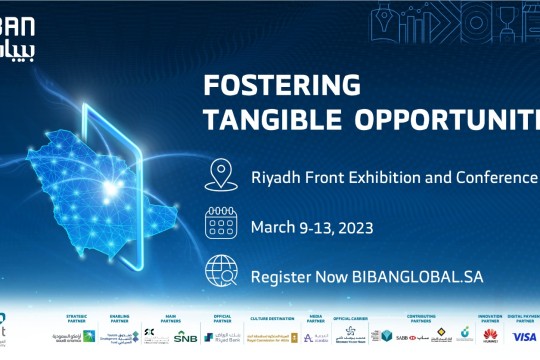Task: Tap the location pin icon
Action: point(219,175)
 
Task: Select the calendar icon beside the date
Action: point(220,223)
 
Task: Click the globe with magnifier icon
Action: point(221,272)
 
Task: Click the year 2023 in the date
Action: point(355,227)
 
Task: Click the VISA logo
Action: point(524,337)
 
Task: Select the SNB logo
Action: point(186,337)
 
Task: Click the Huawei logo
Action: point(491,337)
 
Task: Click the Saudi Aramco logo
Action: point(68,337)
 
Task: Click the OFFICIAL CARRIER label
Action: point(358,319)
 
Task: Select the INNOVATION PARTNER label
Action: point(490,320)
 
